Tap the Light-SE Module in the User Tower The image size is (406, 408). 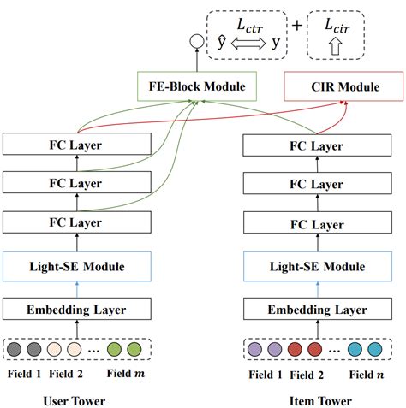pos(79,267)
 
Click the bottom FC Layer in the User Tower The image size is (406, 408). pos(79,224)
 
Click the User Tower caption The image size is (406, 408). pos(78,399)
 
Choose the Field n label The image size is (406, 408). pos(367,374)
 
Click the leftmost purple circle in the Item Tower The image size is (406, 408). pos(255,349)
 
